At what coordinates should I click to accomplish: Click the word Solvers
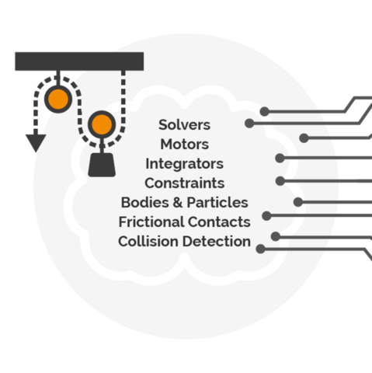(x=184, y=125)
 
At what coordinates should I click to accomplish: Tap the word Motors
(x=184, y=145)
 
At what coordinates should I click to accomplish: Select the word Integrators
(x=184, y=164)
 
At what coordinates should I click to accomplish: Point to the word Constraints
(x=184, y=183)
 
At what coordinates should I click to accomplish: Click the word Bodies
(x=145, y=203)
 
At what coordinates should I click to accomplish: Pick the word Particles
(x=217, y=203)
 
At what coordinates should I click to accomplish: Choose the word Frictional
(x=151, y=222)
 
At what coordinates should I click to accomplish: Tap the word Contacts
(x=219, y=222)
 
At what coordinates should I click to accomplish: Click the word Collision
(x=148, y=242)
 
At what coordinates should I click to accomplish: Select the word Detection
(x=217, y=242)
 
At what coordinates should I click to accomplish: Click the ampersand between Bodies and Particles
(x=178, y=203)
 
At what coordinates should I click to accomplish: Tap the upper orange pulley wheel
(x=58, y=99)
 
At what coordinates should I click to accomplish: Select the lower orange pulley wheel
(x=102, y=124)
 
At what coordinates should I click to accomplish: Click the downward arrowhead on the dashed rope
(x=36, y=143)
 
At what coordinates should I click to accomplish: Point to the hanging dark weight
(x=102, y=165)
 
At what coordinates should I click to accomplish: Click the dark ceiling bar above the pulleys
(x=79, y=61)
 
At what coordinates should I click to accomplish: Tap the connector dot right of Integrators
(x=280, y=158)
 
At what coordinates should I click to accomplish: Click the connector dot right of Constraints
(x=280, y=181)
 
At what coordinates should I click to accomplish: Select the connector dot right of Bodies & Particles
(x=298, y=202)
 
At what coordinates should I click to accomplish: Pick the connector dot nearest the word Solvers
(x=249, y=124)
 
